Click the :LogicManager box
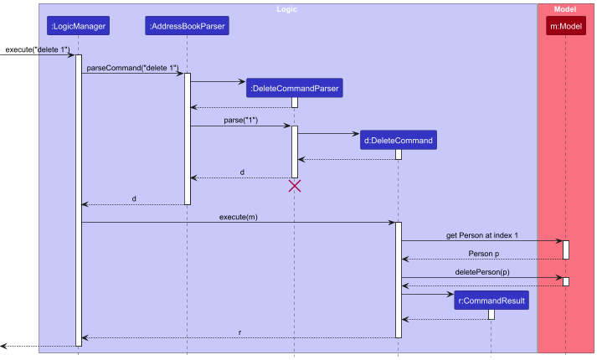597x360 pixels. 78,27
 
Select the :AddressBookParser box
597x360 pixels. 187,27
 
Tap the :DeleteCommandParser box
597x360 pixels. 295,87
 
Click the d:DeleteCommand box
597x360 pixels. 398,140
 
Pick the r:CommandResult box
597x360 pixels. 491,300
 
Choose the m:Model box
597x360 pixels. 566,27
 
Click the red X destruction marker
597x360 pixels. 295,186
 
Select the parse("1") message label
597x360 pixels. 240,121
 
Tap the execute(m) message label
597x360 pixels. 239,216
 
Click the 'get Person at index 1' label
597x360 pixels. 482,235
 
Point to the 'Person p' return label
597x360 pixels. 484,254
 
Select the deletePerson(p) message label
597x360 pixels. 482,272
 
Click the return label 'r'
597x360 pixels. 239,332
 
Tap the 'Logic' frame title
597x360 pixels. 287,9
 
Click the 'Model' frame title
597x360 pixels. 565,9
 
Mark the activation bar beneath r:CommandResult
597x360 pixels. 491,314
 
